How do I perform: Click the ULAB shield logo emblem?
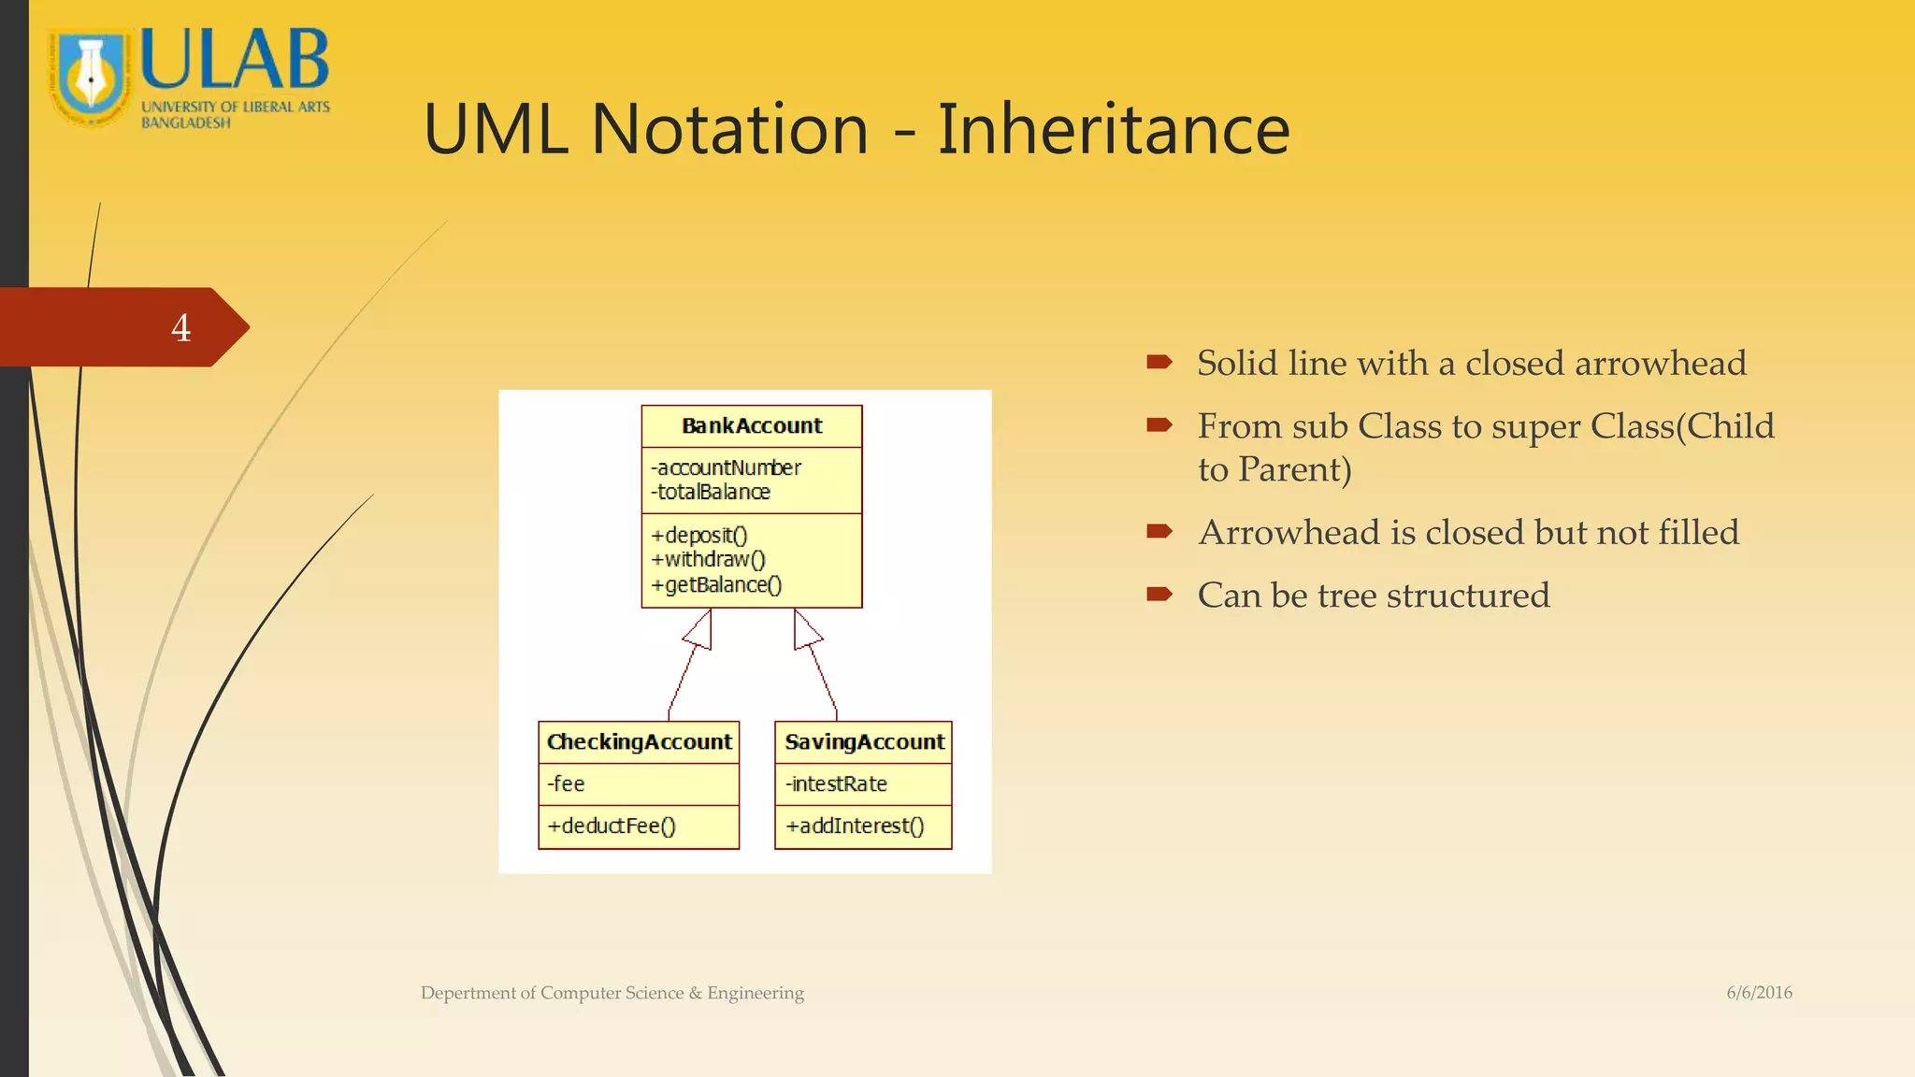click(91, 79)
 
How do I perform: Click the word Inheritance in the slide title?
click(1113, 129)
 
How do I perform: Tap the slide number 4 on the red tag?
click(180, 328)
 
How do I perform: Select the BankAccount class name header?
click(752, 426)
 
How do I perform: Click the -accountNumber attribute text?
click(727, 467)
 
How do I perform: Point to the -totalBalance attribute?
click(712, 492)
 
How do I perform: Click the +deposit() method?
click(699, 535)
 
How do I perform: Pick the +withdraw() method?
click(709, 559)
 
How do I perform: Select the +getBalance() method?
click(717, 584)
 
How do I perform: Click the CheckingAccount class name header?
click(639, 742)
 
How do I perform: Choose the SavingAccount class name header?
click(864, 742)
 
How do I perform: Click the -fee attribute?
click(567, 783)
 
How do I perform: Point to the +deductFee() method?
click(612, 826)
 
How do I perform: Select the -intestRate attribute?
click(837, 783)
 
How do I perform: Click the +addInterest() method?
click(855, 826)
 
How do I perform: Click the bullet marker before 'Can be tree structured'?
click(1159, 594)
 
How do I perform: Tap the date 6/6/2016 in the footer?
click(1759, 993)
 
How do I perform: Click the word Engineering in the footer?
click(755, 993)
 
